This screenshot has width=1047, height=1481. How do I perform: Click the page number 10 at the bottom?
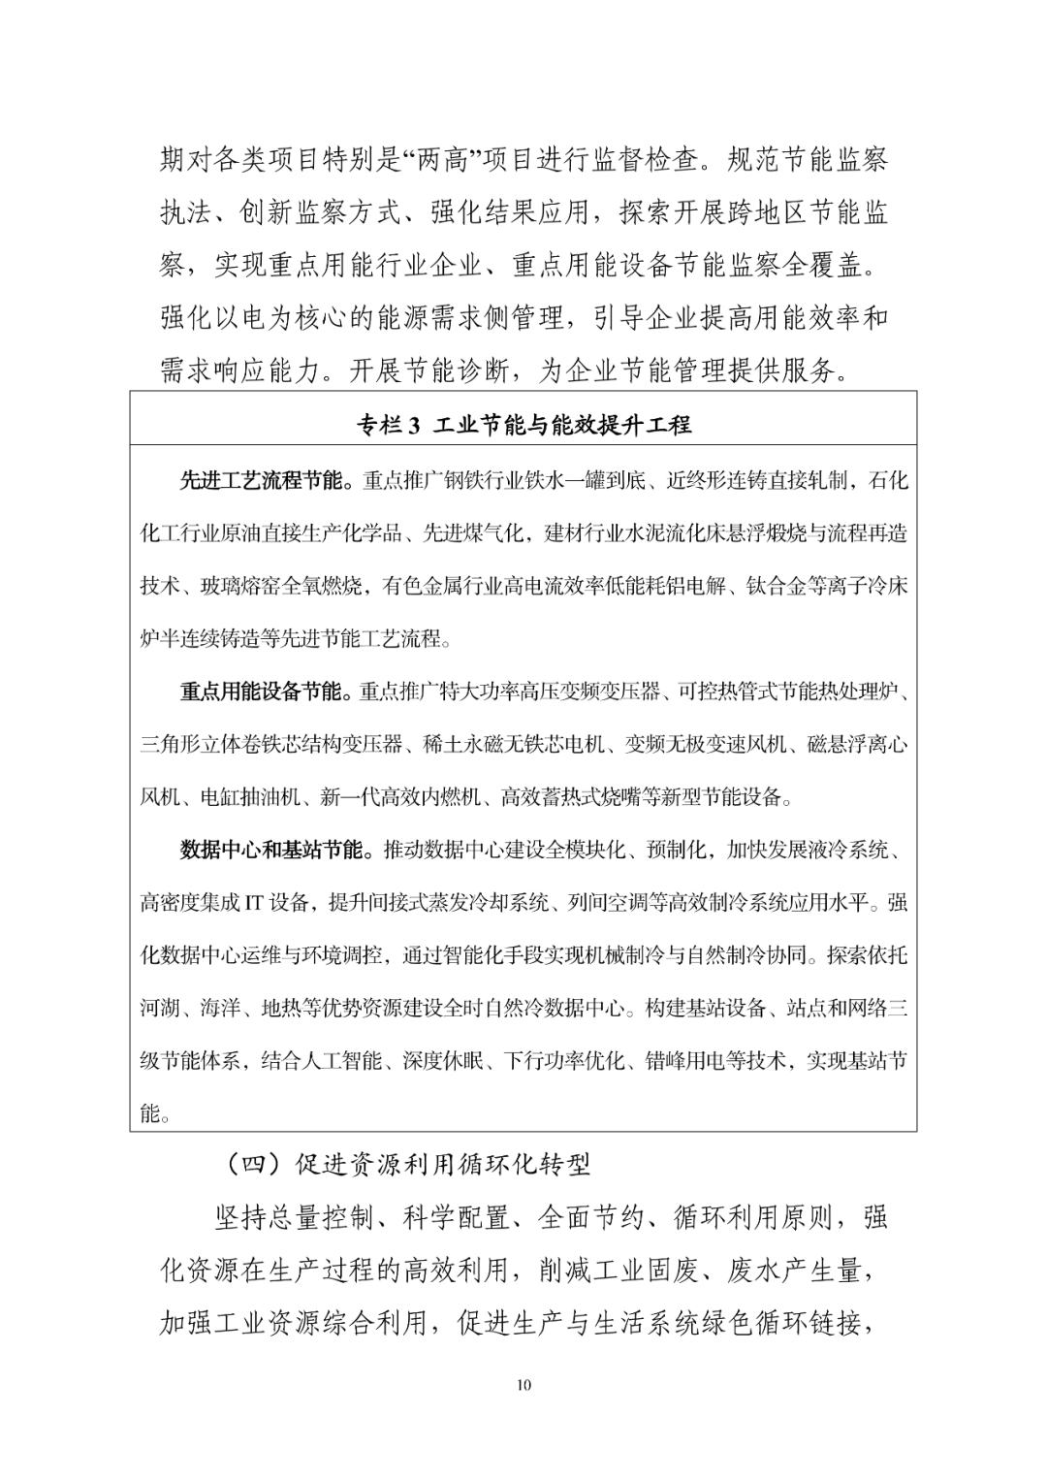pos(523,1385)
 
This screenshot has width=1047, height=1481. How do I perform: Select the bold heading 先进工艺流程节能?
pos(261,480)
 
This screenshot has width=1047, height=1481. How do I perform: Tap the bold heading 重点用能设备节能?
pos(261,692)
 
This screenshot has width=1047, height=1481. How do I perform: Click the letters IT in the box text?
pos(253,903)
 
